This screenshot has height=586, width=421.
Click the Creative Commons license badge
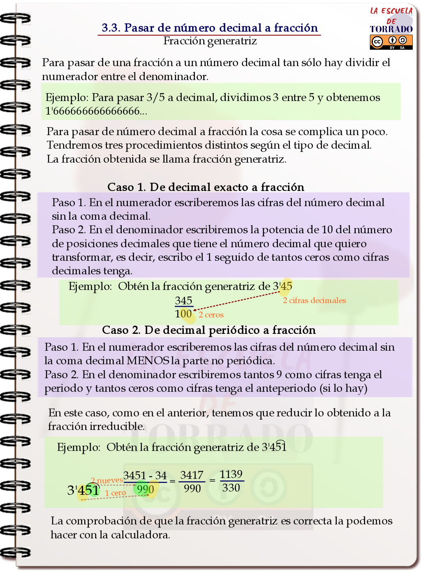pos(391,42)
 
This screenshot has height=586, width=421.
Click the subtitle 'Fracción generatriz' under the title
pos(210,41)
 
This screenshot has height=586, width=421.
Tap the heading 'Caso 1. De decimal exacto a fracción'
pos(206,187)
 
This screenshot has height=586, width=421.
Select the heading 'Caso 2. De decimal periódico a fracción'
pos(209,330)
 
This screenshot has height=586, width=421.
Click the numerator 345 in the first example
pos(183,301)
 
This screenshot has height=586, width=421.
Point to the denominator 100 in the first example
pos(183,314)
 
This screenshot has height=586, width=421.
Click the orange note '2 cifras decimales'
pos(314,301)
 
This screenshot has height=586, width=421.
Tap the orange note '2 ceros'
pos(211,315)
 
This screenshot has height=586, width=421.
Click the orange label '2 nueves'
pos(106,480)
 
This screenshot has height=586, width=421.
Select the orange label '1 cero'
pos(115,493)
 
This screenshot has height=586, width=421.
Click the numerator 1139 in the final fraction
pos(231,474)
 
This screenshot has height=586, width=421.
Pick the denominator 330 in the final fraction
pos(231,488)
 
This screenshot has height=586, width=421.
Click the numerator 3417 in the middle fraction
pos(192,475)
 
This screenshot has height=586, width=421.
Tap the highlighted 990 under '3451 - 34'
pos(146,489)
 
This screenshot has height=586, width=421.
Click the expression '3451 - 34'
pos(145,476)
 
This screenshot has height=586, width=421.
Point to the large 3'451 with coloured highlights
pos(83,490)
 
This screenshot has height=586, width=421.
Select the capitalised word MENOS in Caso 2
pos(148,361)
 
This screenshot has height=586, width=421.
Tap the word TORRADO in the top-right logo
pos(391,29)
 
